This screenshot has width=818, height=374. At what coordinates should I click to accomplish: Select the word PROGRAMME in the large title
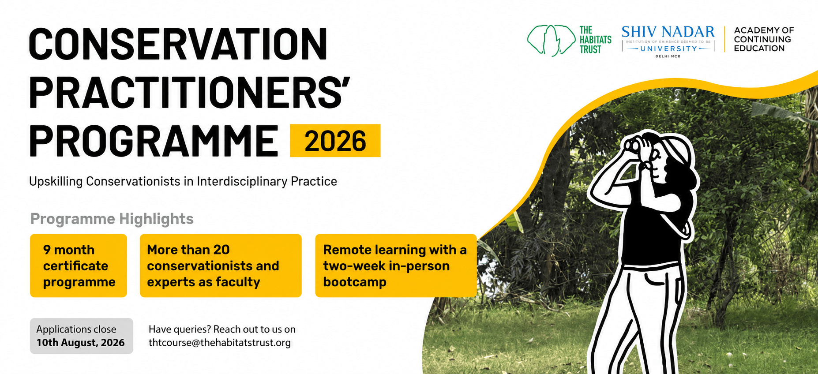pos(154,141)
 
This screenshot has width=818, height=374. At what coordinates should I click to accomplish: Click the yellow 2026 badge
pos(335,141)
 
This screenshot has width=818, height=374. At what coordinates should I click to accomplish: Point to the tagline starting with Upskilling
pos(183,181)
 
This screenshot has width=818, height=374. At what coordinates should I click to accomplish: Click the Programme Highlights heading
pos(112,219)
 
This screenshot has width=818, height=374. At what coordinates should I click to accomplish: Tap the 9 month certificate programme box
pos(79,266)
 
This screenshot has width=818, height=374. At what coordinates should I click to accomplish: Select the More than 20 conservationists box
pos(221,266)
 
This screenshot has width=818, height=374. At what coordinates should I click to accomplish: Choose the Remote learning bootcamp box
pos(396,266)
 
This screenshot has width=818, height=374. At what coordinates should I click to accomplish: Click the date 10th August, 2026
pos(81,343)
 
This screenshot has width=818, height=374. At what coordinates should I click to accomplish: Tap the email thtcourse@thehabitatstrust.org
pos(220,343)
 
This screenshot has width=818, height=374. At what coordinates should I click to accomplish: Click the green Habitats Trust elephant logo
pos(552,40)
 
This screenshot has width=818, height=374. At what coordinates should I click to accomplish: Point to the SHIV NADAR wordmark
pos(668,32)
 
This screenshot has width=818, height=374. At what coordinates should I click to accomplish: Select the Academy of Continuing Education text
pos(764,39)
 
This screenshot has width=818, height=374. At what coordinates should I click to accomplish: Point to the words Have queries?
pos(180,329)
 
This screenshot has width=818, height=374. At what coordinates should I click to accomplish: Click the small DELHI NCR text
pos(668,56)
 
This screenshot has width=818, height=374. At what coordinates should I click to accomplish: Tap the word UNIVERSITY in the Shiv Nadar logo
pos(668,49)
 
